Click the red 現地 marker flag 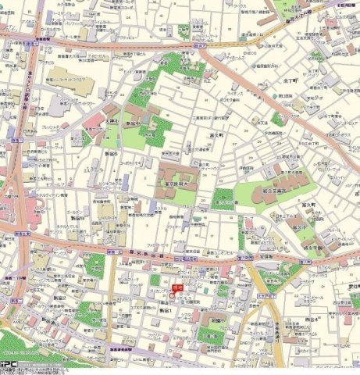176,288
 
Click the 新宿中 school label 133,124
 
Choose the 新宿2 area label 71,298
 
